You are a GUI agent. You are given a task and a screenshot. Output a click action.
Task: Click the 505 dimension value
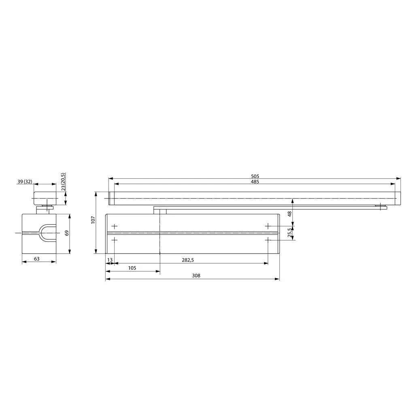[255, 176]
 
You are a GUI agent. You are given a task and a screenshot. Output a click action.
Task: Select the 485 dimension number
[255, 181]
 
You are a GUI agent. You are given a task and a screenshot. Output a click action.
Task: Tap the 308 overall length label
[196, 275]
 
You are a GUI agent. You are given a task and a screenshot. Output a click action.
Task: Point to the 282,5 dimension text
[187, 260]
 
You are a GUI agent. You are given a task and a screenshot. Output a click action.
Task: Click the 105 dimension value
[132, 268]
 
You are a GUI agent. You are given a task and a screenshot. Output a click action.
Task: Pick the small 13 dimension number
[110, 260]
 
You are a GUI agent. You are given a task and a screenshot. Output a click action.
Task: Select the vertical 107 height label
[93, 220]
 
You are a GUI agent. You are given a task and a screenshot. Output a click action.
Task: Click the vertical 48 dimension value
[290, 213]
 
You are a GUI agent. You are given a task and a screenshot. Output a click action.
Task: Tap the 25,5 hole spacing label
[290, 233]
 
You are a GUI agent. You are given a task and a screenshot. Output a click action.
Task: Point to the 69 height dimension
[66, 233]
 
